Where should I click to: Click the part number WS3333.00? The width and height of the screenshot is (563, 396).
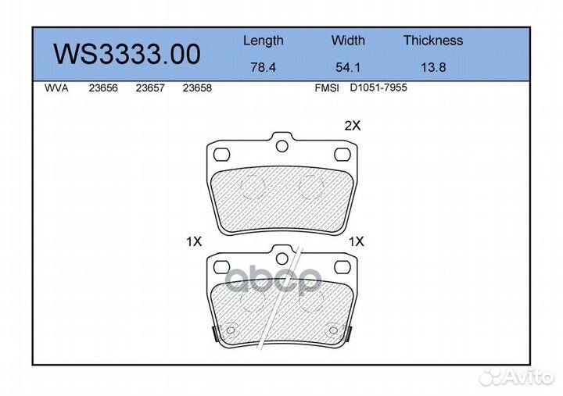(127, 55)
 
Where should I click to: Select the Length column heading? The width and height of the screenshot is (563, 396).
(264, 41)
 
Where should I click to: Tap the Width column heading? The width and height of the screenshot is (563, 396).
(348, 40)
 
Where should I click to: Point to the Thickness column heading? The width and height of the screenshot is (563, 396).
(433, 40)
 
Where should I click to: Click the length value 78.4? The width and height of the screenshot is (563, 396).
(264, 67)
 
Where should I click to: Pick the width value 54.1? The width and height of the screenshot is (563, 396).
(348, 67)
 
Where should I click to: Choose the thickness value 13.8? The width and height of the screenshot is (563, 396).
(433, 67)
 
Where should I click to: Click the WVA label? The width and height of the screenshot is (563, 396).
(56, 88)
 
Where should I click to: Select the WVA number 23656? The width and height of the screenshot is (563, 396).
(103, 88)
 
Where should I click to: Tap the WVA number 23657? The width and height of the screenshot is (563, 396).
(150, 88)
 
